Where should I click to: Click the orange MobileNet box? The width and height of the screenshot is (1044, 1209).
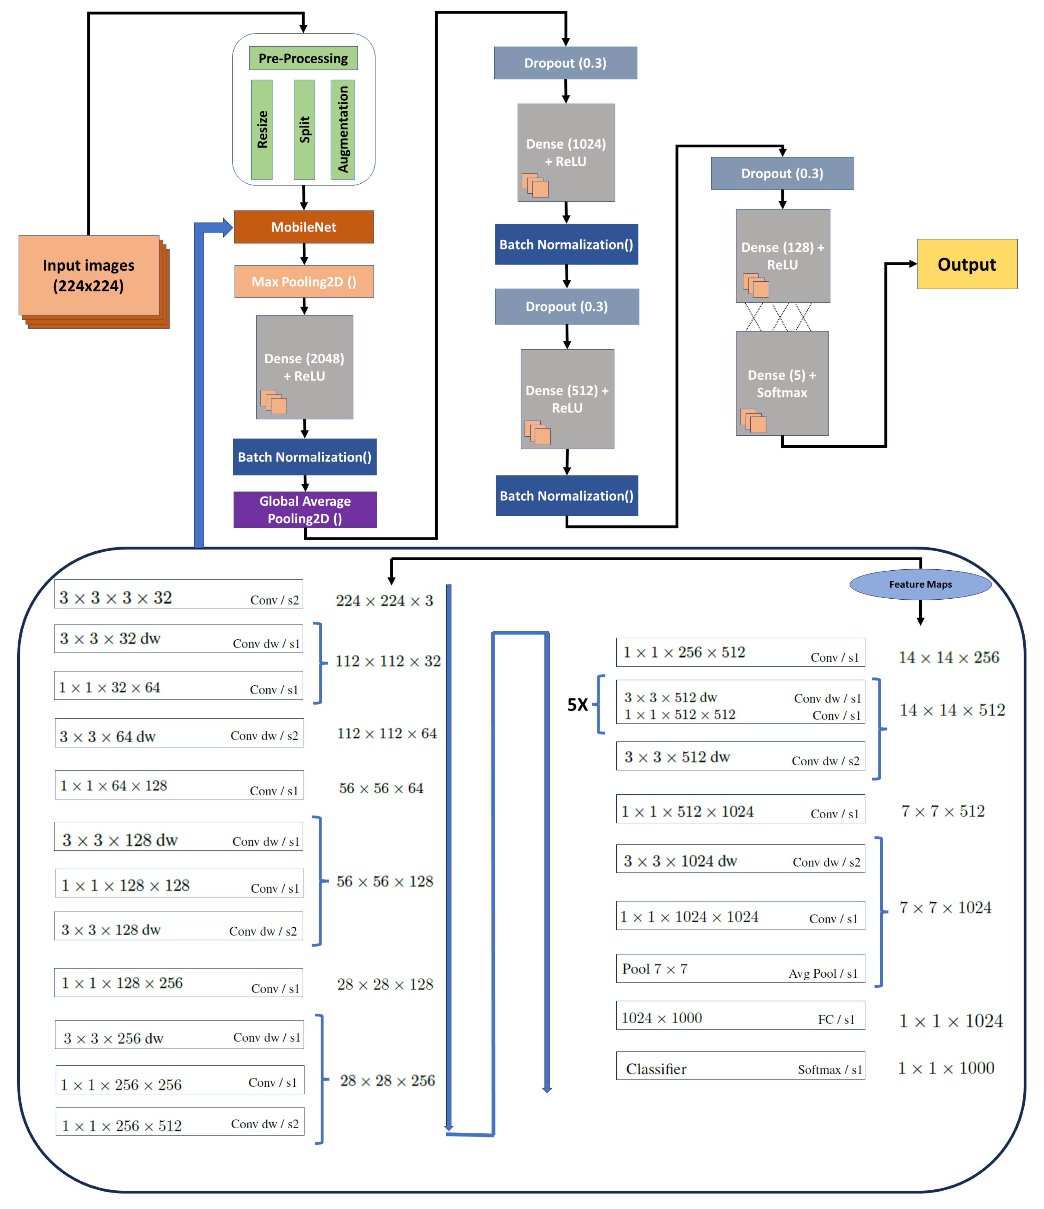304,227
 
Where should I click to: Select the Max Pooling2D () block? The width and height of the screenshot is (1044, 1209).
304,282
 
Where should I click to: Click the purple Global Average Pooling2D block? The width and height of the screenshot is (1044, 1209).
305,510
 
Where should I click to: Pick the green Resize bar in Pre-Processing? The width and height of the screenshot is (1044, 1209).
262,129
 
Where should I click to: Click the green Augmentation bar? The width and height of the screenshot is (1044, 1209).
343,129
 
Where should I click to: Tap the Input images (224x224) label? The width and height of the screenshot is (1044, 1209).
89,275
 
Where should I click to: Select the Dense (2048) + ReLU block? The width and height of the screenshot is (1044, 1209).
304,367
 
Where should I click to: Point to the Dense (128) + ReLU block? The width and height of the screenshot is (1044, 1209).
782,255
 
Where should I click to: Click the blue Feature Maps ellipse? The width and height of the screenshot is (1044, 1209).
920,584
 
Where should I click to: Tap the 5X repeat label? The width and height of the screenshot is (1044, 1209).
578,705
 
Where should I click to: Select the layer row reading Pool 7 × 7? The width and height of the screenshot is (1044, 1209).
740,969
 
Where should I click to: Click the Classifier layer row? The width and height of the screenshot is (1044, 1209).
740,1068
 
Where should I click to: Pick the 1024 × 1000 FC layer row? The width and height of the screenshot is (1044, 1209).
740,1018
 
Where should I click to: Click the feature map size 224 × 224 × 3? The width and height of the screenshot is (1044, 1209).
384,600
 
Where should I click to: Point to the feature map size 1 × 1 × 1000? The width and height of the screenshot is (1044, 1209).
946,1068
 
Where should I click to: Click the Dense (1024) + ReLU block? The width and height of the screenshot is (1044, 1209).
566,152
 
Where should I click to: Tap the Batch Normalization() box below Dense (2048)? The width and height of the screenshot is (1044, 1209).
304,457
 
